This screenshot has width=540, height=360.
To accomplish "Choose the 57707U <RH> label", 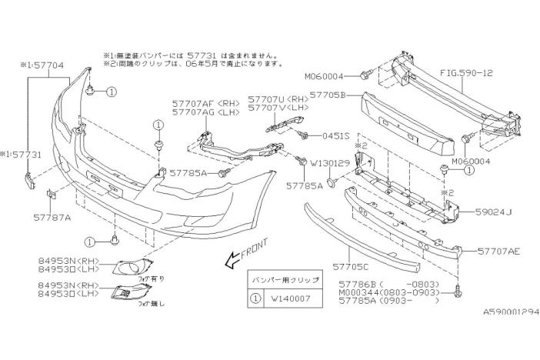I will point(279,99).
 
